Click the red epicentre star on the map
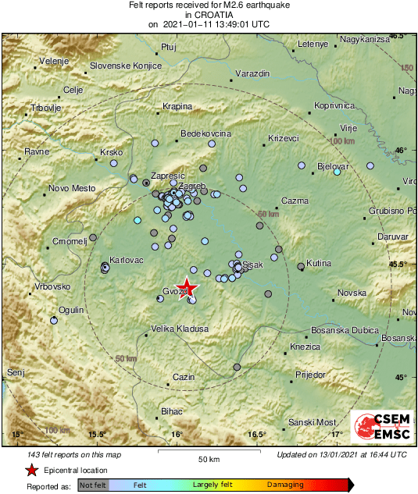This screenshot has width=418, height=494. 187,287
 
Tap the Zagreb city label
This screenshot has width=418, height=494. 192,185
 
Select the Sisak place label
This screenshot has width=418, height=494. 252,266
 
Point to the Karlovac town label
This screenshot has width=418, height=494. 127,259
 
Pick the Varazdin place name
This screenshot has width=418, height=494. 252,73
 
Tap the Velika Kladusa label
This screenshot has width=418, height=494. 180,329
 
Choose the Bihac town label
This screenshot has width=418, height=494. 171,411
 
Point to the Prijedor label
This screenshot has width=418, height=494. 310,375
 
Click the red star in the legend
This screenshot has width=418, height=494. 30,470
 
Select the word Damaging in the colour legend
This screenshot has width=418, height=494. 285,485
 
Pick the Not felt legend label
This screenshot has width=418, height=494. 92,485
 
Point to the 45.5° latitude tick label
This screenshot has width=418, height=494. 398,264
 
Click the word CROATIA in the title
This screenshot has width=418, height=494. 209,14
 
